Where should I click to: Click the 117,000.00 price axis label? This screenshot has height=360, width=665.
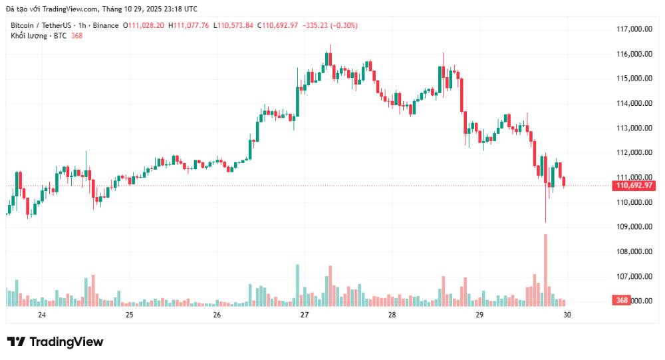(x=632, y=29)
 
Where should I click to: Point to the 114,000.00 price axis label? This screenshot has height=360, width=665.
(x=632, y=103)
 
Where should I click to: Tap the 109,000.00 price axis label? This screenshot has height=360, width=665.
(x=632, y=227)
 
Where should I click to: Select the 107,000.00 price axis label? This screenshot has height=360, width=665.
(x=632, y=276)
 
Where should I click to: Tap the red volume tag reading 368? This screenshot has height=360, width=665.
(x=622, y=301)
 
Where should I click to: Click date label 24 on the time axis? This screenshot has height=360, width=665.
(x=42, y=315)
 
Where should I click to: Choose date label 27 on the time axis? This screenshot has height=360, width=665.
(x=305, y=315)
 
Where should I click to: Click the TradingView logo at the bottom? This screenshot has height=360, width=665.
(x=55, y=342)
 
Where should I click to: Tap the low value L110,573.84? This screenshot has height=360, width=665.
(x=233, y=25)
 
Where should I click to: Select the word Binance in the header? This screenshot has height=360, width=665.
(x=105, y=25)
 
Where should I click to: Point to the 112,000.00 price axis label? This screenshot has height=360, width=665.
(x=632, y=152)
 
